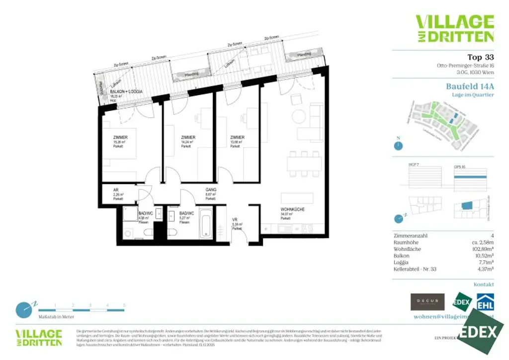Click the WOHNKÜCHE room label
292,210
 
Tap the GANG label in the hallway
211,189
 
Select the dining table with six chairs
304,163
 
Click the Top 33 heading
481,57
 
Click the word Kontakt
484,284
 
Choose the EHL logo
485,302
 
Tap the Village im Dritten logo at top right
454,28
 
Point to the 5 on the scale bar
124,305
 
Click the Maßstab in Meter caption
56,317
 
